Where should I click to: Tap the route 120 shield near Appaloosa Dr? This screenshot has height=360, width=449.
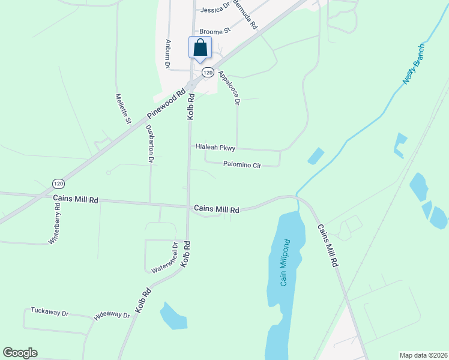click(x=207, y=72)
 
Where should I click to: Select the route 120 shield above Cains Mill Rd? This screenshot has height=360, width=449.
click(x=58, y=183)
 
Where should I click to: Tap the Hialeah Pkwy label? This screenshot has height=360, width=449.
click(x=215, y=147)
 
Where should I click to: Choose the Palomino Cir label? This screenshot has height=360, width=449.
click(x=243, y=164)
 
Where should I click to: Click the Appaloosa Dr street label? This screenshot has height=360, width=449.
click(x=229, y=88)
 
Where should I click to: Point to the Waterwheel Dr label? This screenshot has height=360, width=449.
click(x=166, y=258)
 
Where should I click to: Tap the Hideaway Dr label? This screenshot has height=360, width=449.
click(x=112, y=315)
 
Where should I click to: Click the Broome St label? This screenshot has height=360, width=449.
click(x=215, y=31)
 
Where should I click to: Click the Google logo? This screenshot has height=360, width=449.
click(x=20, y=353)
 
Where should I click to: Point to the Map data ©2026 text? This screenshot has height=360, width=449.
click(x=423, y=355)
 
